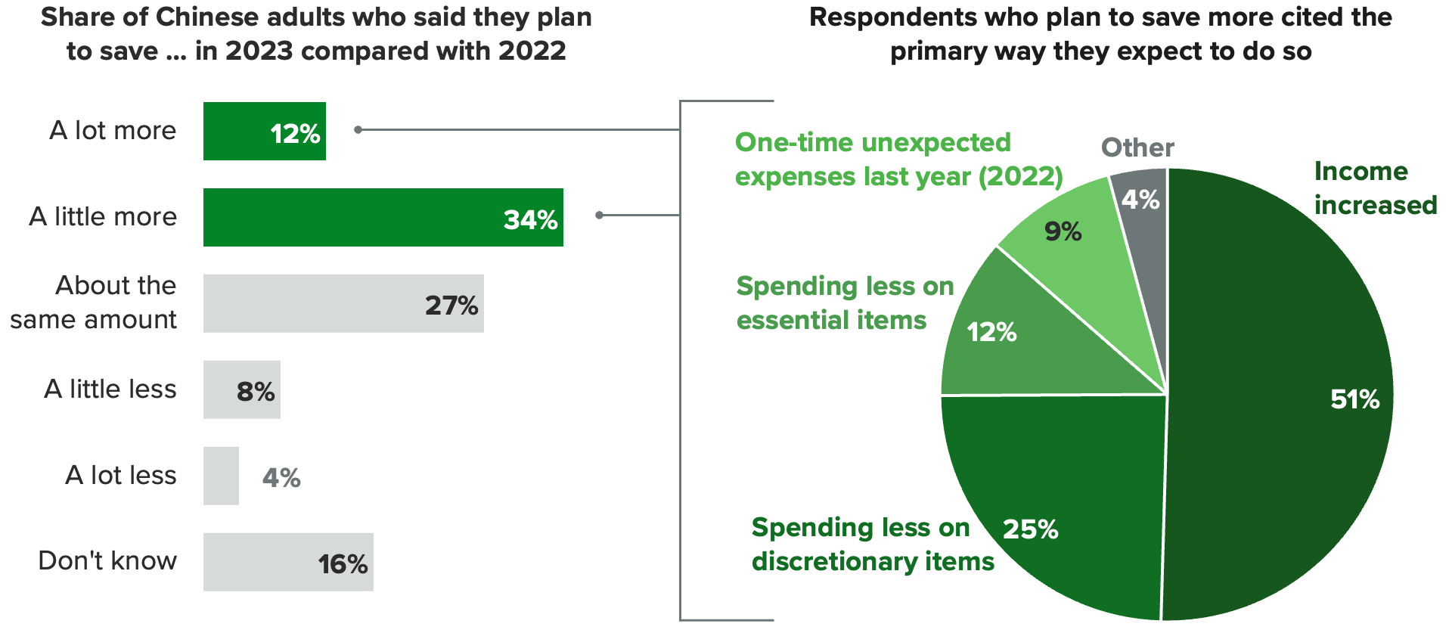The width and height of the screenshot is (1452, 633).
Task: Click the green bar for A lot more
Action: tap(264, 131)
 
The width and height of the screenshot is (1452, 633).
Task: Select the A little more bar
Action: tap(383, 217)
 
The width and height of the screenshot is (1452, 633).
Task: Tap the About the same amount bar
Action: tap(343, 303)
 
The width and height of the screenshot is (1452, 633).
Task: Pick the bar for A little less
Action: tap(241, 389)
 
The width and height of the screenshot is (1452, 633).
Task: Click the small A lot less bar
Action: tap(221, 476)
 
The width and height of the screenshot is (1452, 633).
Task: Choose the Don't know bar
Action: tap(288, 562)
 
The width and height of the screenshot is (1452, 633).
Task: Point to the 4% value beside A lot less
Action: tap(281, 478)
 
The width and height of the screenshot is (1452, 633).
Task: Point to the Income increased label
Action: tap(1375, 188)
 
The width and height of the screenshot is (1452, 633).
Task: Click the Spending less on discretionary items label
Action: tap(873, 545)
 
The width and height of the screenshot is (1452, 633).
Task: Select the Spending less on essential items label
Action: tap(845, 303)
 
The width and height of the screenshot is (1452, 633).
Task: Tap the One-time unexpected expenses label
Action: tap(898, 160)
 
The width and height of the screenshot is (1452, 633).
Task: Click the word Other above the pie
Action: tap(1137, 147)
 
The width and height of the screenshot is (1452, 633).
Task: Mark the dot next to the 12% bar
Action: tap(358, 130)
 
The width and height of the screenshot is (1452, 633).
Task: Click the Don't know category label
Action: tap(107, 561)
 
